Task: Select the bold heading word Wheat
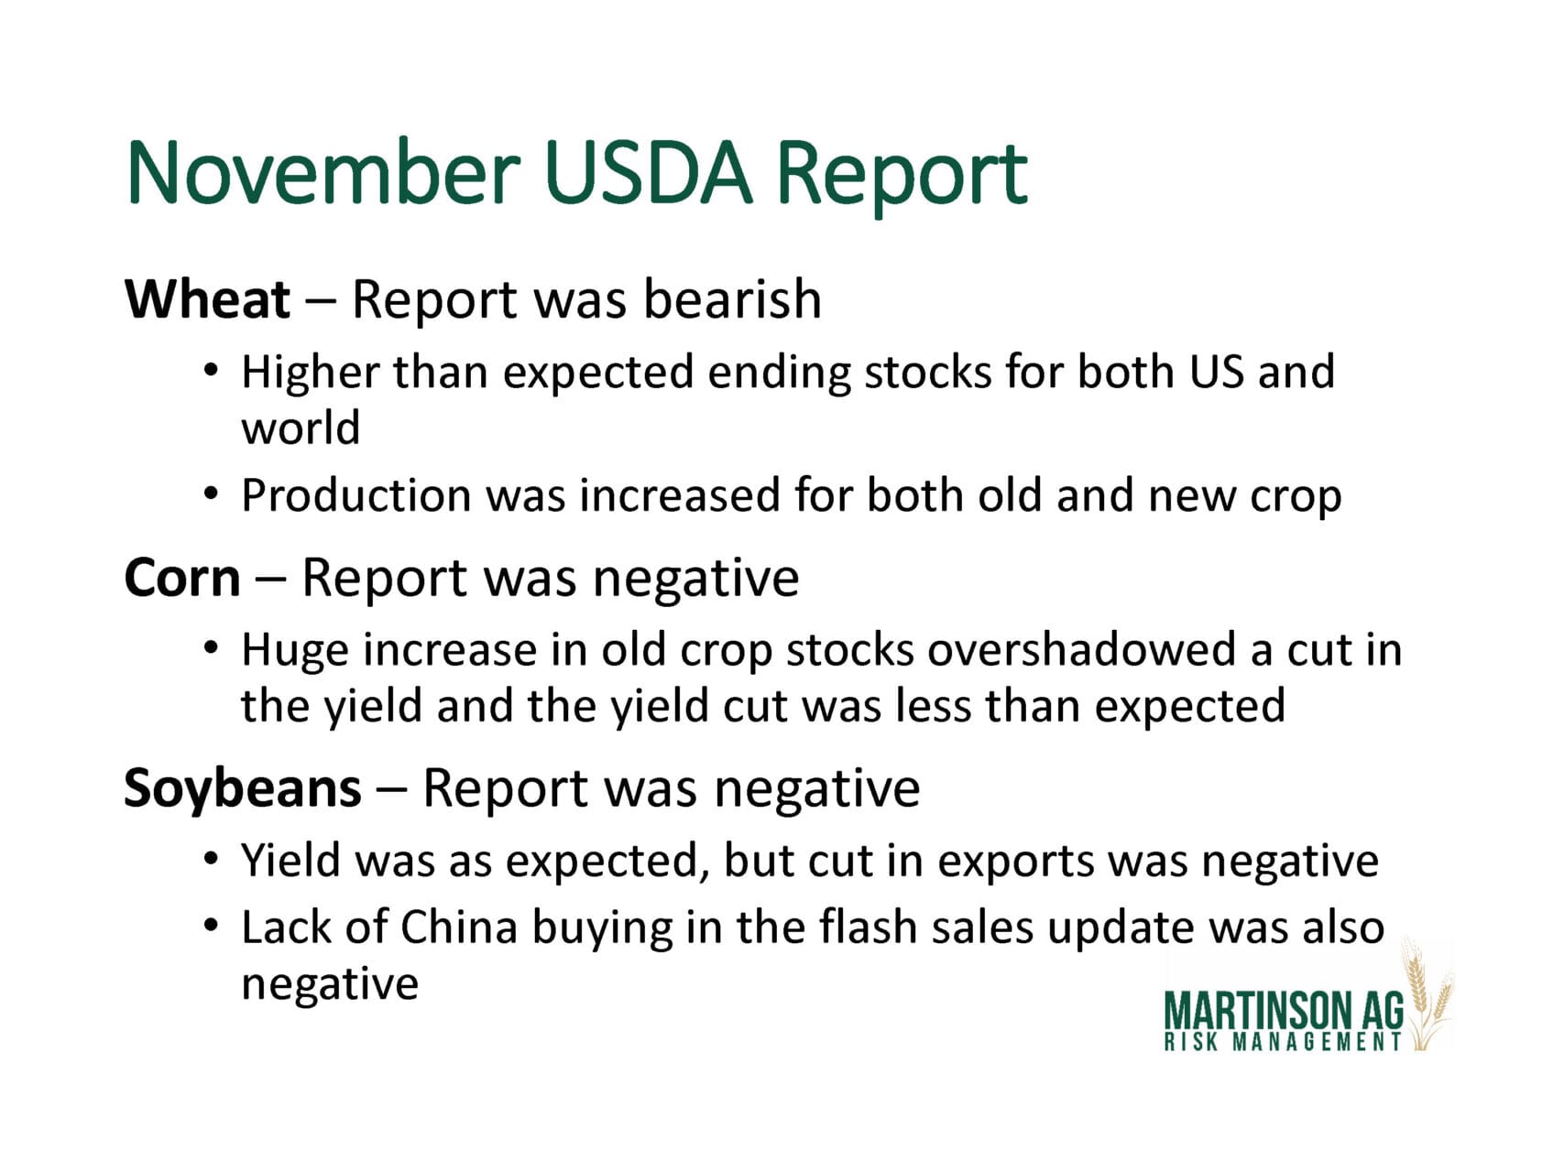(208, 299)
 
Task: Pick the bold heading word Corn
(182, 579)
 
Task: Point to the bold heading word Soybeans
(243, 789)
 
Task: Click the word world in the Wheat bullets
(301, 428)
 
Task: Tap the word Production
(356, 495)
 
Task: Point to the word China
(459, 927)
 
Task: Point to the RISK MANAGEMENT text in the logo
(1283, 1042)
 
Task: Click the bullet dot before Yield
(212, 861)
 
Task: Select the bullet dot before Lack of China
(212, 927)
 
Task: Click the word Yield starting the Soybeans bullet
(290, 861)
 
